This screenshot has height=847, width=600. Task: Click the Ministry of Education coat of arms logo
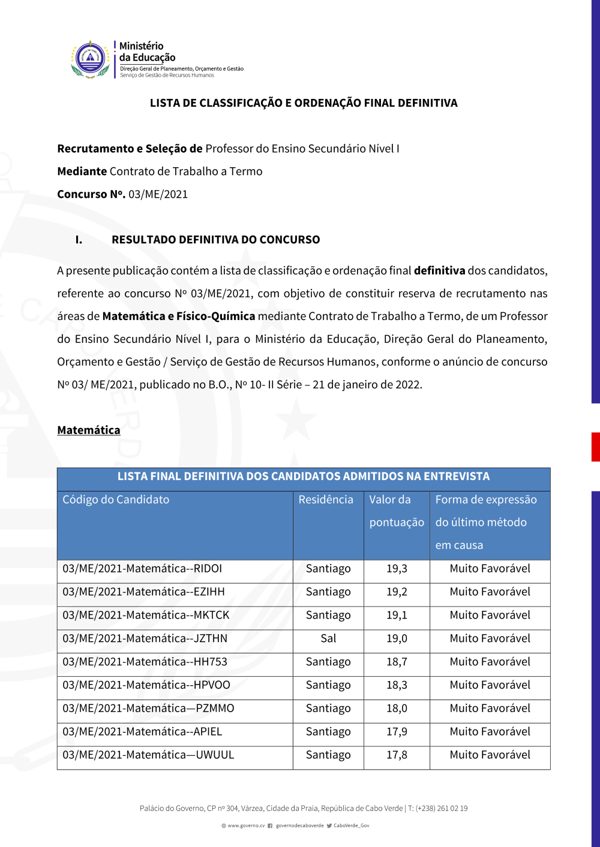[x=91, y=59]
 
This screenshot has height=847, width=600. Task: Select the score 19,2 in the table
[x=397, y=592]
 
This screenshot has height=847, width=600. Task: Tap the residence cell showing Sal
[x=328, y=639]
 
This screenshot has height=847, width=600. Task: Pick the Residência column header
[x=326, y=500]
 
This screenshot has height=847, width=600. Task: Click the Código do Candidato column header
[x=116, y=500]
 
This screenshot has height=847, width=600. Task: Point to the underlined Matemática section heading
[x=89, y=430]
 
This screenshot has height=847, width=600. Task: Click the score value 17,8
[x=397, y=755]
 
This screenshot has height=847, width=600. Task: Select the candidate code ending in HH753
[x=145, y=662]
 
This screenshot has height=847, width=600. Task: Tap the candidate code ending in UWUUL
[x=148, y=755]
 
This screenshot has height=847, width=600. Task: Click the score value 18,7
[x=397, y=662]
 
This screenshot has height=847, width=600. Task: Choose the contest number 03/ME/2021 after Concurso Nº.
[x=158, y=194]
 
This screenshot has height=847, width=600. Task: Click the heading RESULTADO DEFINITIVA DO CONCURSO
[x=215, y=240]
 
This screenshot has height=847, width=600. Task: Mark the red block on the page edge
[x=595, y=447]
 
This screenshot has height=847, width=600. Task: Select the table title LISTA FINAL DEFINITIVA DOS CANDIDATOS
[x=303, y=477]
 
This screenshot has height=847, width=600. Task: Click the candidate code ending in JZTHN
[x=145, y=639]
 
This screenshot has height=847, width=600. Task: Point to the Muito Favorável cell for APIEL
[x=490, y=732]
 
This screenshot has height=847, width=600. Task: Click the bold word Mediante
[x=82, y=171]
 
